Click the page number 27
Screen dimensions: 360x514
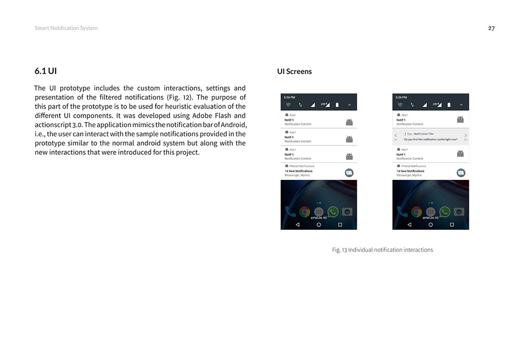coord(491,28)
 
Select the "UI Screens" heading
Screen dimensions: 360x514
coord(294,71)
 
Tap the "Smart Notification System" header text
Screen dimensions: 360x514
coord(66,28)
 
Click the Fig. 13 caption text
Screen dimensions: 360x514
coord(382,250)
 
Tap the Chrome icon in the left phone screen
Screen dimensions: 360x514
coord(305,211)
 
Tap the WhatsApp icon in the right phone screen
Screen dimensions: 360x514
coord(445,211)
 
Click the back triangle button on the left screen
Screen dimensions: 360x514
coord(298,225)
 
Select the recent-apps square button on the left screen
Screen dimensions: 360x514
coord(340,225)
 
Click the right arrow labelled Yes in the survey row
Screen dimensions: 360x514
coord(466,136)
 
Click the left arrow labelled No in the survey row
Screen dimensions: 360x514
coord(396,136)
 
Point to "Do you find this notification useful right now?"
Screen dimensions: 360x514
coord(431,139)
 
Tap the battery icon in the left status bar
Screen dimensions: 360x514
coord(337,104)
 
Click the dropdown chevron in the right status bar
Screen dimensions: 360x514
coord(461,104)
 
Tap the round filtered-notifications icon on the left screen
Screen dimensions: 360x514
coord(349,173)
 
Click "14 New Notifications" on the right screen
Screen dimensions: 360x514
coord(410,171)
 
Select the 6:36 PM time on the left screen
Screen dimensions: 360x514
coord(289,97)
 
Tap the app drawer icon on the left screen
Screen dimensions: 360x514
coord(319,211)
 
